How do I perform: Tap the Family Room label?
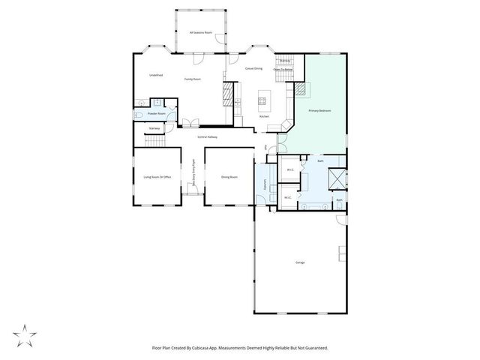[193, 79]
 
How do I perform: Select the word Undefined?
[156, 74]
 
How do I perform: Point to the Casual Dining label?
[253, 68]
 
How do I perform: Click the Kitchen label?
[264, 116]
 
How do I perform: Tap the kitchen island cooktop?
[263, 99]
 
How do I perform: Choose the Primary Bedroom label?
[319, 110]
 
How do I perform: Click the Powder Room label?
[156, 113]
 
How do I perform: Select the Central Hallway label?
[207, 136]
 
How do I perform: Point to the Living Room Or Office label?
[157, 177]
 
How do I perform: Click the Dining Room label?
[229, 177]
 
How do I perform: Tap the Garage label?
[300, 262]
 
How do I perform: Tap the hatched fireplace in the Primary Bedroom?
[299, 88]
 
